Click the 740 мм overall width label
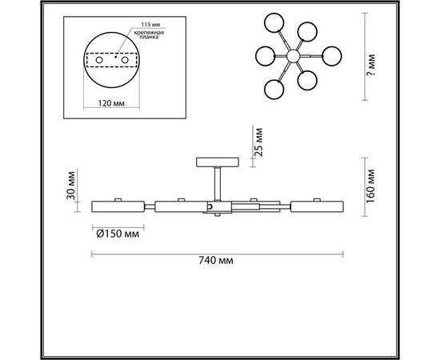pyautogui.click(x=216, y=260)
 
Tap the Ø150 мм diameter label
pyautogui.click(x=118, y=234)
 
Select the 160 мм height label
pyautogui.click(x=370, y=186)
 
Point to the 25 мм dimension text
pyautogui.click(x=258, y=142)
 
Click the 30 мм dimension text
pyautogui.click(x=71, y=186)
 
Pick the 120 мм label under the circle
pyautogui.click(x=111, y=103)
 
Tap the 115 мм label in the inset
pyautogui.click(x=150, y=25)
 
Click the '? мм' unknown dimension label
pyautogui.click(x=371, y=65)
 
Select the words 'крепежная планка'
pyautogui.click(x=149, y=34)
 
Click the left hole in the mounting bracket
pyautogui.click(x=99, y=60)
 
